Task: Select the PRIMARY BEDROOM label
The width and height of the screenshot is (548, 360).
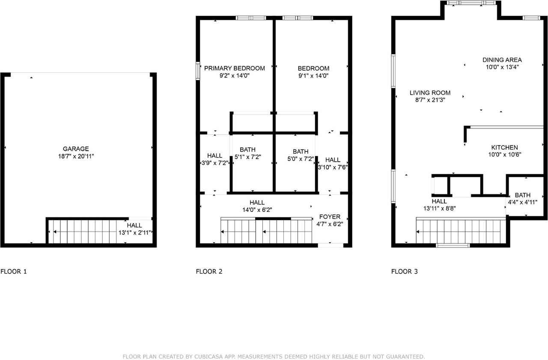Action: coord(234,68)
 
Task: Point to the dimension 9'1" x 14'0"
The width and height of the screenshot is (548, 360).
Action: coord(313,76)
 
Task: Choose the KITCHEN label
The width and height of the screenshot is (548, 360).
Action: coord(504,147)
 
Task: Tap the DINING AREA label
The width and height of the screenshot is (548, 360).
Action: coord(502,60)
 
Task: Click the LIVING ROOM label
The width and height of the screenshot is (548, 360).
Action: coord(430,93)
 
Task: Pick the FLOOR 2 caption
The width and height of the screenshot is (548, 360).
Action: coord(209,271)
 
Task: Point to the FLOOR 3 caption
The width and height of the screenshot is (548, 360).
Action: coord(404,271)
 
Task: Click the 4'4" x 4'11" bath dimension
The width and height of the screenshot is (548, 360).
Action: coord(522,202)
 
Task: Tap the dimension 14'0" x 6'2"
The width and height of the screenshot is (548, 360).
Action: coord(257,210)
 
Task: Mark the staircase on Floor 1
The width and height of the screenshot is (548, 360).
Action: coord(81,232)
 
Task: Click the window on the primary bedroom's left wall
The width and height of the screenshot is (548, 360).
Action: coord(198,71)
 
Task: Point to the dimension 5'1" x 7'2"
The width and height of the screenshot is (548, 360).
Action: coord(247,157)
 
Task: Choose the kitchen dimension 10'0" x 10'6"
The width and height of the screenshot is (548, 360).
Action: coord(504,155)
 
